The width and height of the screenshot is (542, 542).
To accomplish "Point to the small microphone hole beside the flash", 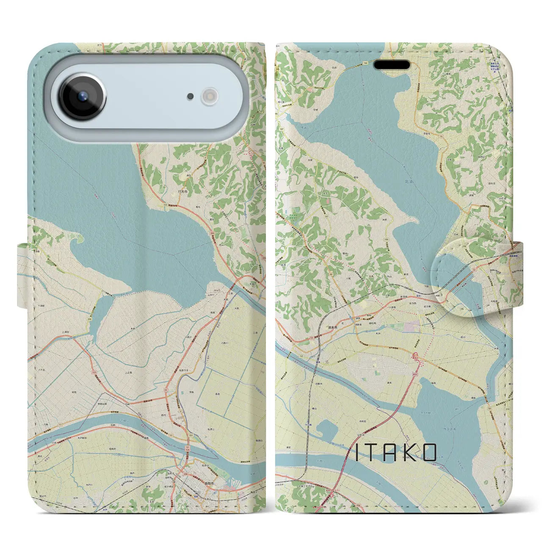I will (x=191, y=97).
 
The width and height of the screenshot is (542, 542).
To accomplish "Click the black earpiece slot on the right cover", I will (x=392, y=65).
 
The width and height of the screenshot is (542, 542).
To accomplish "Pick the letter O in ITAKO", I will (x=429, y=453).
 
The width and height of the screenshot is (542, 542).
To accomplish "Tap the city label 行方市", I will (x=183, y=192).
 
